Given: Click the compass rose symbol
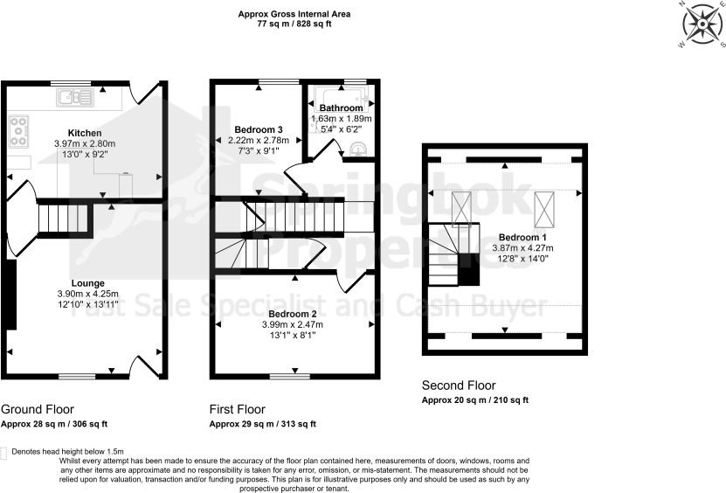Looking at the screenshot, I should [x=699, y=23].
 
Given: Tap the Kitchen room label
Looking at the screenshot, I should [x=86, y=133].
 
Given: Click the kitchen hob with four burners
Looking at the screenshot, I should [x=18, y=130].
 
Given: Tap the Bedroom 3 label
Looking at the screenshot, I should [x=257, y=129].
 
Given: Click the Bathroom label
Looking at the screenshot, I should [x=341, y=108].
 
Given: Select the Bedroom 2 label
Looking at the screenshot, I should [x=294, y=314].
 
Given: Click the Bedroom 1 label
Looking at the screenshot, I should [x=522, y=237].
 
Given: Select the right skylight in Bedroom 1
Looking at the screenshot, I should [x=543, y=205].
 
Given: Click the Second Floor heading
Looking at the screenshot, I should [x=459, y=385].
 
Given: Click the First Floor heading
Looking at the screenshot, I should [x=238, y=409].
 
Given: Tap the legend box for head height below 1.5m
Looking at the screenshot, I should [x=5, y=453].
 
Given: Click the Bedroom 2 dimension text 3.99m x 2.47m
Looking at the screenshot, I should [x=294, y=324].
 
